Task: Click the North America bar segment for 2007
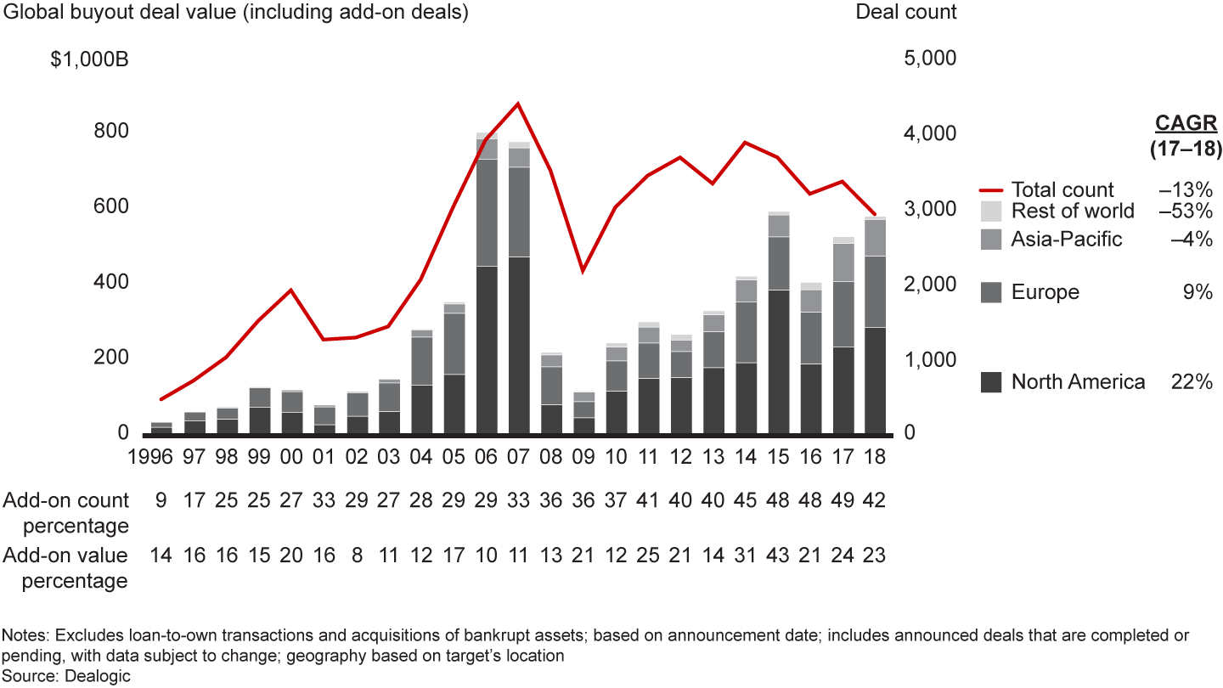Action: [519, 345]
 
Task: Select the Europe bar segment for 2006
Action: [487, 212]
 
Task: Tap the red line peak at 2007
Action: [519, 104]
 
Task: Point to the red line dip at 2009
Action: [583, 271]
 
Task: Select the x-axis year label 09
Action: [583, 456]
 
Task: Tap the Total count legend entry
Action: [1062, 190]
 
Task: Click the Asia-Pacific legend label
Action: [1066, 240]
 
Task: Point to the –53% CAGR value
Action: [1186, 211]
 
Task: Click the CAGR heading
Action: [1186, 124]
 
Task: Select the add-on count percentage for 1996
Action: [161, 501]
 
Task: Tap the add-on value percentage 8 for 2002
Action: [358, 556]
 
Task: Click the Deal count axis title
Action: [906, 13]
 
